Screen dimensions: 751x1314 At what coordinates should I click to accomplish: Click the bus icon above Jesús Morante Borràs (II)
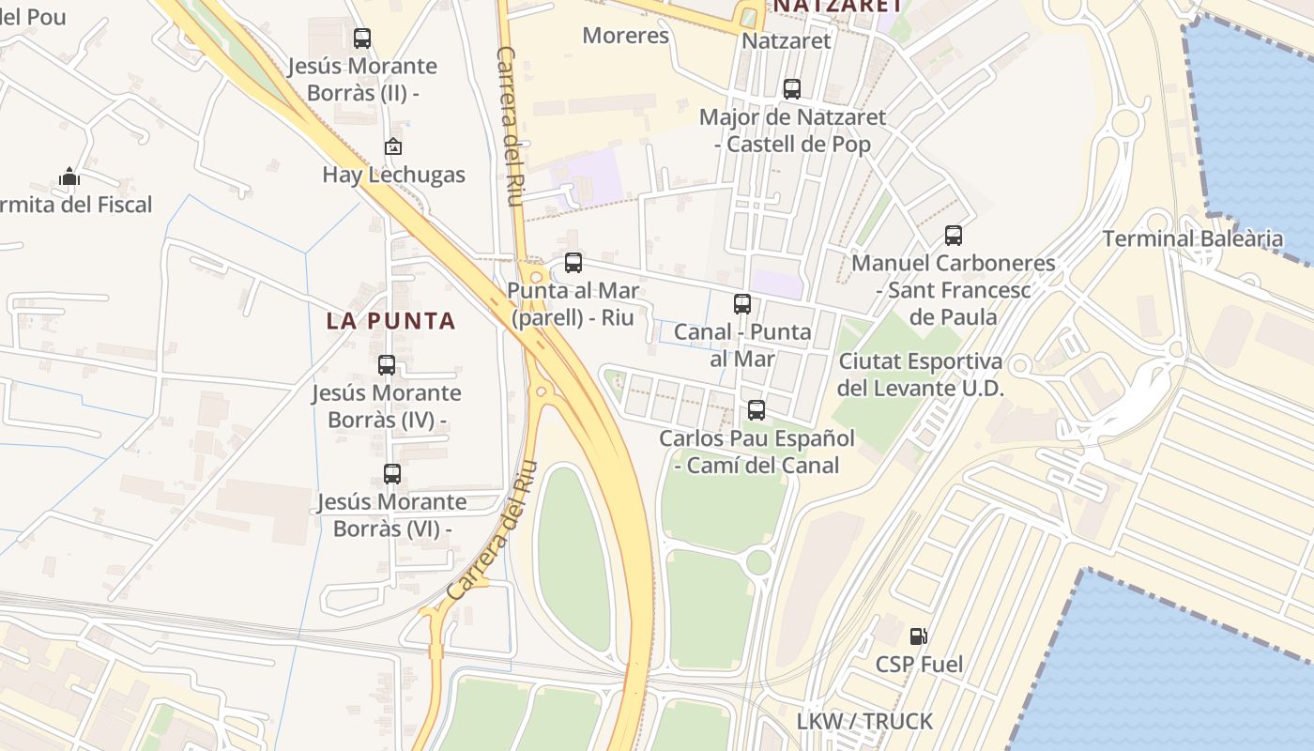pos(362,38)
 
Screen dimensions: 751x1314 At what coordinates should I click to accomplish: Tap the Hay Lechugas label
pos(393,175)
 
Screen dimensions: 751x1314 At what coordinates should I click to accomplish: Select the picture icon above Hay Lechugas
pos(393,146)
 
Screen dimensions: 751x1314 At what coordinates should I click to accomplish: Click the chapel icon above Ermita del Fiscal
pos(69,176)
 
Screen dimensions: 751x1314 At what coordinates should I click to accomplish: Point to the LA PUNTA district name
pos(390,321)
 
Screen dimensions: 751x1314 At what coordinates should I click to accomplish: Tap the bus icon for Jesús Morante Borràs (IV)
pos(387,365)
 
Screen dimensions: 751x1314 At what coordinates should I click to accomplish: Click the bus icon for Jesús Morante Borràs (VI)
pos(392,474)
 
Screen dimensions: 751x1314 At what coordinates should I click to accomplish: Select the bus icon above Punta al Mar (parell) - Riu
pos(573,263)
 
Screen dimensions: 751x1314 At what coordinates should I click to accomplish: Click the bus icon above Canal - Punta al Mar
pos(742,304)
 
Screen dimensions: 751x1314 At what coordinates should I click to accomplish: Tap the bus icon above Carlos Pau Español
pos(756,410)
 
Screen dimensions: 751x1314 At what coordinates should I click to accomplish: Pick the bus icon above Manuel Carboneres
pos(954,236)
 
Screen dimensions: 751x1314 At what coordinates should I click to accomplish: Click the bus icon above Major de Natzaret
pos(792,89)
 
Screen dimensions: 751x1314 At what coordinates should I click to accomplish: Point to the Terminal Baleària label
pos(1192,238)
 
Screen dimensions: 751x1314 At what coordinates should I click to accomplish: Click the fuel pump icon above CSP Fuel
pos(919,636)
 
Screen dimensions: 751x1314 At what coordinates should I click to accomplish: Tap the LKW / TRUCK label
pos(864,721)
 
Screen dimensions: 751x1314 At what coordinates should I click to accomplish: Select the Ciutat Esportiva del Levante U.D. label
pos(920,375)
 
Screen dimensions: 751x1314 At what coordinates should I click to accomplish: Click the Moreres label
pos(625,36)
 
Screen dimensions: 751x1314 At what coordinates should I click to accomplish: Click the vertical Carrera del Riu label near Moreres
pos(511,122)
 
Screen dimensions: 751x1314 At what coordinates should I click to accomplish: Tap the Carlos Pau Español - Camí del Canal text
pos(756,452)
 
